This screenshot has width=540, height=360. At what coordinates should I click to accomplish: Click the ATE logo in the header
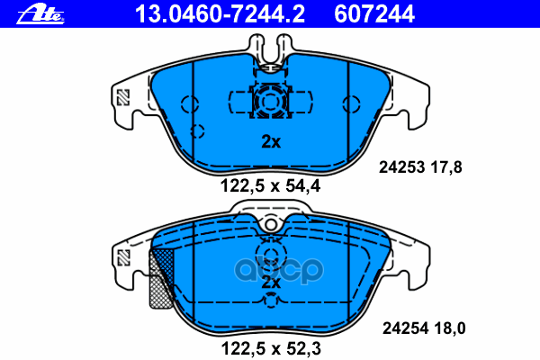pyautogui.click(x=40, y=14)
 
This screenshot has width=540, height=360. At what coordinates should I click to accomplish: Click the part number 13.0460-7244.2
pyautogui.click(x=220, y=14)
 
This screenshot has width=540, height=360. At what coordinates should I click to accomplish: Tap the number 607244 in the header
pyautogui.click(x=374, y=14)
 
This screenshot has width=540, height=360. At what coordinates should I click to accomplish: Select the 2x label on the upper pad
pyautogui.click(x=271, y=141)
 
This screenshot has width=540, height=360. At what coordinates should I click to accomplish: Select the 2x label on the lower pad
pyautogui.click(x=271, y=283)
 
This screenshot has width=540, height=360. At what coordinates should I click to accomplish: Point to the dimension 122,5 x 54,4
pyautogui.click(x=270, y=186)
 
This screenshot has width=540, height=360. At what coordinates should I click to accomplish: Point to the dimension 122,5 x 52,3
pyautogui.click(x=271, y=348)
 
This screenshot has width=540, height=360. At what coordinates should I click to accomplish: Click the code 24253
pyautogui.click(x=401, y=167)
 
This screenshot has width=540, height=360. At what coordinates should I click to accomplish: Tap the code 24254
pyautogui.click(x=405, y=328)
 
